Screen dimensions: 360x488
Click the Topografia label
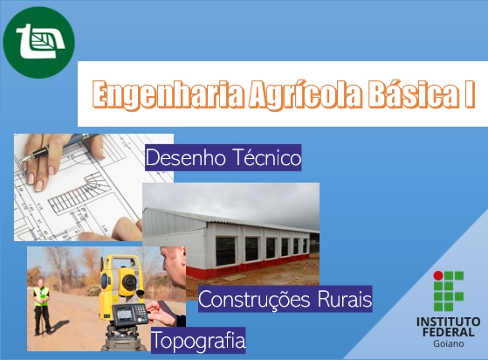click(198, 339)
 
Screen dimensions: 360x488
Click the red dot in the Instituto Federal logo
click(438, 275)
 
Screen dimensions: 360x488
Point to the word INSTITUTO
click(449, 322)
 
